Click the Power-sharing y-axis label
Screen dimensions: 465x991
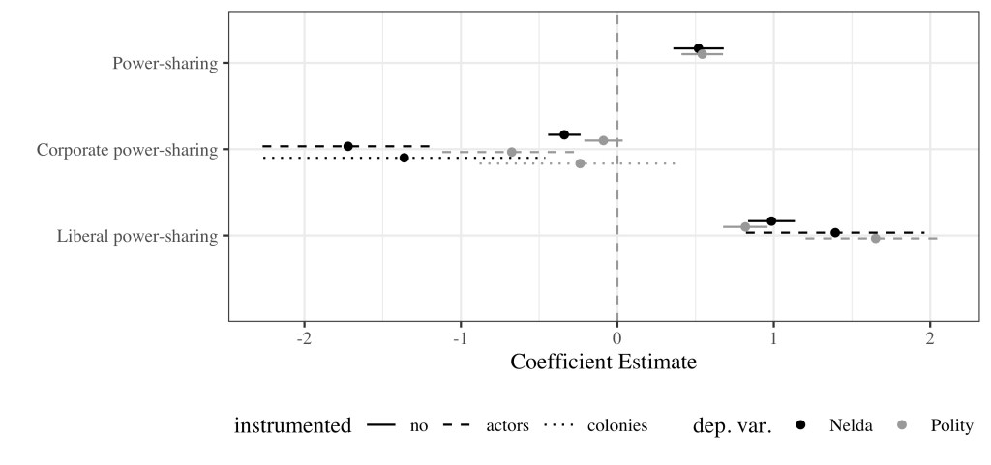point(165,64)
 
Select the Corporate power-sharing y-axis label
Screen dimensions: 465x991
point(126,150)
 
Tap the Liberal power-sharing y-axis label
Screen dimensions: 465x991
point(136,236)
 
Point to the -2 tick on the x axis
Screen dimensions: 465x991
point(305,339)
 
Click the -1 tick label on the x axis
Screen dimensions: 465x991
point(460,339)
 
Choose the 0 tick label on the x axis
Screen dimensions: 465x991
point(617,339)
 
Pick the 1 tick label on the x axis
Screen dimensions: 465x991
point(773,339)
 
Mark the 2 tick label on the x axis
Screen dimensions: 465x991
point(930,339)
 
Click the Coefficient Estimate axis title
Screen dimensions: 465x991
point(603,363)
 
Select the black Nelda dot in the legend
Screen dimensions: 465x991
point(801,425)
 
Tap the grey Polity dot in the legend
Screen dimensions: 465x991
point(903,425)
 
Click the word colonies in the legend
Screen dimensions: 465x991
point(617,426)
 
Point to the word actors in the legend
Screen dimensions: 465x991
point(507,426)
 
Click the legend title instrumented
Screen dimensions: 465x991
point(292,426)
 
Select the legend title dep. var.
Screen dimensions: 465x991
point(733,426)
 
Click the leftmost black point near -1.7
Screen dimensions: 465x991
point(348,146)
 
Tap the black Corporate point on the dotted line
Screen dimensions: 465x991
point(405,158)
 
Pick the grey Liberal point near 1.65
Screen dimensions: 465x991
point(876,238)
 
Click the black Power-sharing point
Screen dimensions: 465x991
point(698,48)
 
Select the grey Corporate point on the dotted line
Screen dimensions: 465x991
point(580,163)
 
